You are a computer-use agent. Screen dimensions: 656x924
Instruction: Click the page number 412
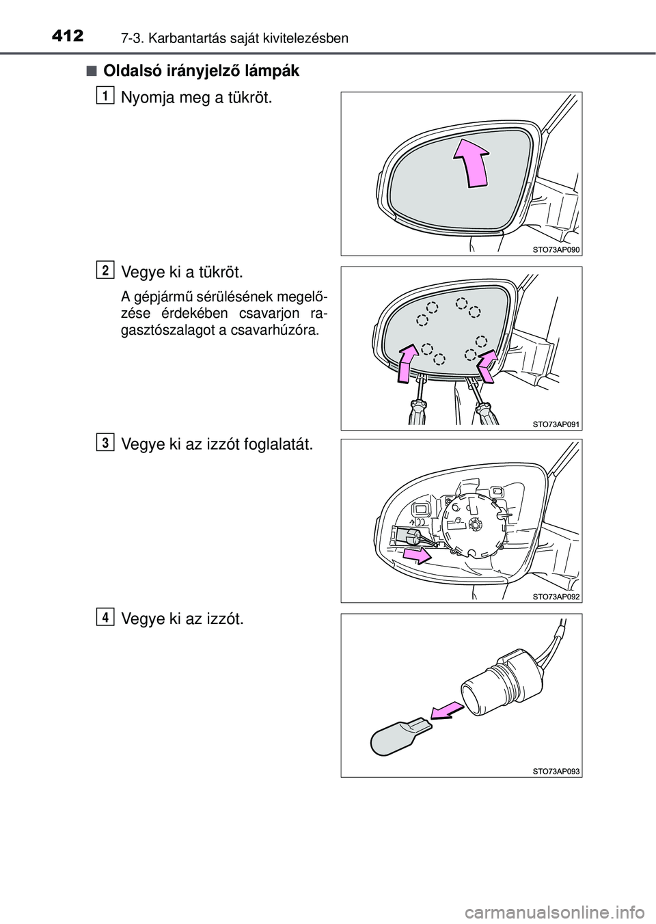pyautogui.click(x=68, y=36)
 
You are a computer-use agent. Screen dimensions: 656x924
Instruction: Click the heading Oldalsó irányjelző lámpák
pyautogui.click(x=201, y=71)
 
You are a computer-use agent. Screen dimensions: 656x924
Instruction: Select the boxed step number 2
pyautogui.click(x=105, y=271)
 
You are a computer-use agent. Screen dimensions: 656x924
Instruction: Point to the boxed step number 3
pyautogui.click(x=105, y=443)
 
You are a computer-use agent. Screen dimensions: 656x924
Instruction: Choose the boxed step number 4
pyautogui.click(x=105, y=616)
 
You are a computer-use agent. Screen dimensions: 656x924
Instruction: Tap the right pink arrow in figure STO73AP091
pyautogui.click(x=487, y=365)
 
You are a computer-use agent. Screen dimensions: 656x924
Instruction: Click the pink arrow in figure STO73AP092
pyautogui.click(x=418, y=555)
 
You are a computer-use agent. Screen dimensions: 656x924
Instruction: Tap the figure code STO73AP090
pyautogui.click(x=556, y=249)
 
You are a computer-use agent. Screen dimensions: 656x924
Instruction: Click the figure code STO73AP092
pyautogui.click(x=556, y=596)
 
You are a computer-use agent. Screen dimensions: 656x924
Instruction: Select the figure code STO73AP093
pyautogui.click(x=556, y=771)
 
